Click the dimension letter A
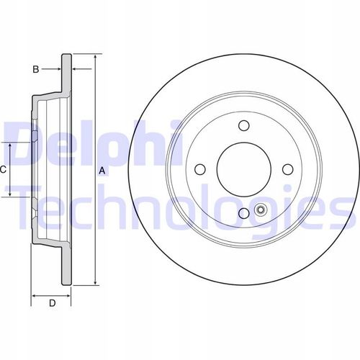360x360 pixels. click(x=102, y=171)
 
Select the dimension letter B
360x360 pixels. click(x=36, y=69)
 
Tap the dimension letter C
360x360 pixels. click(x=3, y=170)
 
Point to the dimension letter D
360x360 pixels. click(x=53, y=303)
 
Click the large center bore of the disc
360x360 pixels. click(x=244, y=169)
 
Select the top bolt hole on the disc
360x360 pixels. click(x=244, y=125)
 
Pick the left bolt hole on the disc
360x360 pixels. click(x=200, y=169)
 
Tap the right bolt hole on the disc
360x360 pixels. click(x=288, y=169)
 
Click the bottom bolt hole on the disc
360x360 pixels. click(x=244, y=213)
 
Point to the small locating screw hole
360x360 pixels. click(x=260, y=210)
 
